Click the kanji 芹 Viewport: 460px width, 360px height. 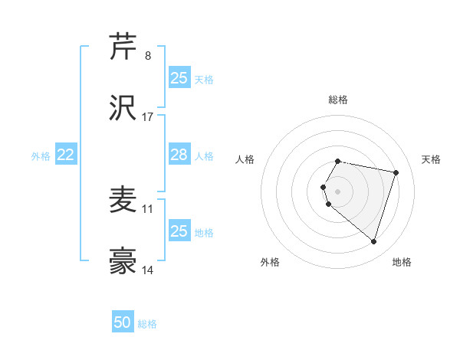coord(123,46)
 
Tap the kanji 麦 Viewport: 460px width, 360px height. coord(123,200)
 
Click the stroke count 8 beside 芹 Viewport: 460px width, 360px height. coord(147,55)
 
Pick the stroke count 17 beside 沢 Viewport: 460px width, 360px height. coord(148,117)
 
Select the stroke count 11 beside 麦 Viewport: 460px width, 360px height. coord(148,208)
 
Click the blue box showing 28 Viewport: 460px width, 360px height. coord(179,155)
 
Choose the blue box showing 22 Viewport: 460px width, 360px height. coord(66,155)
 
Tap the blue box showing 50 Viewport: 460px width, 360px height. coord(123,322)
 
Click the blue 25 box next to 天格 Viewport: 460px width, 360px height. coord(179,78)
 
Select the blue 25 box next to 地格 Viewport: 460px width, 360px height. coord(179,231)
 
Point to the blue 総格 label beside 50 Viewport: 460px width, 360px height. coord(147,324)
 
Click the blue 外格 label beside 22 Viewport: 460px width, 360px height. coord(41,156)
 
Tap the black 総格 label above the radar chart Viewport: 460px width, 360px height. coord(338,100)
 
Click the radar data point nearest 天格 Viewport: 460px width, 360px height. coord(396,172)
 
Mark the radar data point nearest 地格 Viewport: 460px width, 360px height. coord(373,241)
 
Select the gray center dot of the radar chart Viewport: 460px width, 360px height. coord(338,191)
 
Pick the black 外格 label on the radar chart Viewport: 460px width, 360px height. coord(270,262)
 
